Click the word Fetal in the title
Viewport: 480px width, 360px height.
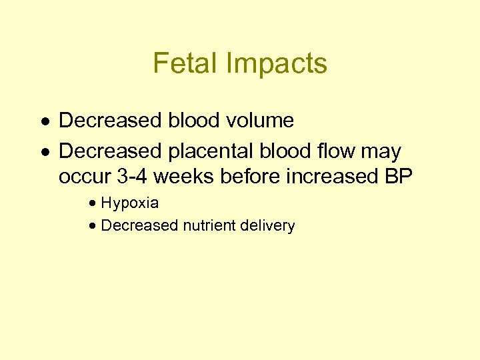[x=184, y=63]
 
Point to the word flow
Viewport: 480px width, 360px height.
[x=337, y=151]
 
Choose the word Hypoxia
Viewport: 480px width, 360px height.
[x=129, y=203]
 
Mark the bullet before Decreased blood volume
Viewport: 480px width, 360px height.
[x=43, y=121]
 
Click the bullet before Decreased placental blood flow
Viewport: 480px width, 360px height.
[x=43, y=152]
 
